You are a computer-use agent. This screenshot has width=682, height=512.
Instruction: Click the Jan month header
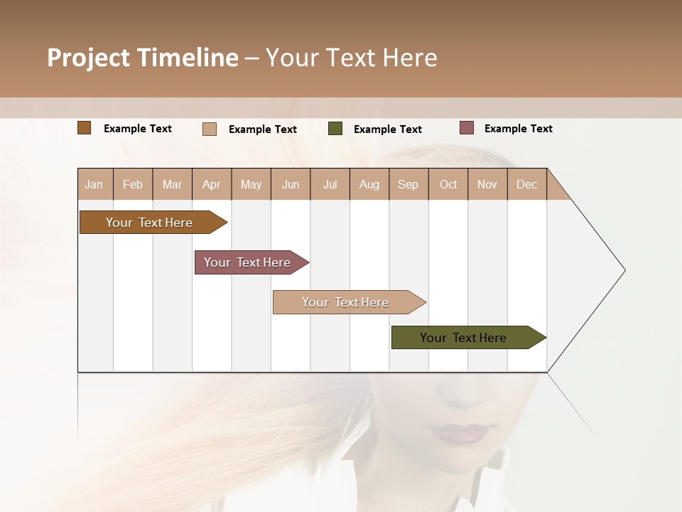coord(94,184)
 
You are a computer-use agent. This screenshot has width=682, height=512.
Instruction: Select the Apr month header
coord(211,184)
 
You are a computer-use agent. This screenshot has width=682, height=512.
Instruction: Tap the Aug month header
coord(369,184)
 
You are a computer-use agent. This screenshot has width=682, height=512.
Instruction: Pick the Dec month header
coord(526,184)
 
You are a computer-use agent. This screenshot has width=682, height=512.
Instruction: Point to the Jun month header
coord(290,184)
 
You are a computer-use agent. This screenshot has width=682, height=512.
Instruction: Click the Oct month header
coord(448,184)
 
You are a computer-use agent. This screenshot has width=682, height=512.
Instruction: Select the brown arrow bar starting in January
coord(149,223)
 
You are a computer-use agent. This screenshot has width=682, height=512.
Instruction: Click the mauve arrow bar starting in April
coord(247,262)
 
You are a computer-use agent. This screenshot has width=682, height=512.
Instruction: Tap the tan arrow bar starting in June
coord(345,302)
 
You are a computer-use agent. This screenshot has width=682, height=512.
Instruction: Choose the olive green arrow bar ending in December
coord(463,338)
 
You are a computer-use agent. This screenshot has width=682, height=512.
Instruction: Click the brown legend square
coord(84,128)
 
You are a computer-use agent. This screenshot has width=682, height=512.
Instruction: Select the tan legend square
coord(209,129)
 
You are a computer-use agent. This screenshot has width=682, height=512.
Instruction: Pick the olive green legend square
coord(335,129)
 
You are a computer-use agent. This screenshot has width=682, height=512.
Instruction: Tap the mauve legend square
coord(466,128)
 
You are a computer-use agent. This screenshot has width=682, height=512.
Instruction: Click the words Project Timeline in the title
coord(142,58)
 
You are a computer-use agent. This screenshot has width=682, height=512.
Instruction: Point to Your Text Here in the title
coord(351,58)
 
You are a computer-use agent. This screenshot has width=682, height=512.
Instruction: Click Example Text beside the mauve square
coord(518,129)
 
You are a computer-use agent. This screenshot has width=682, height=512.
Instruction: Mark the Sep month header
coord(408,184)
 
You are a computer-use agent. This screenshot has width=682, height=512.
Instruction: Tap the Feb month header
coord(133,184)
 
